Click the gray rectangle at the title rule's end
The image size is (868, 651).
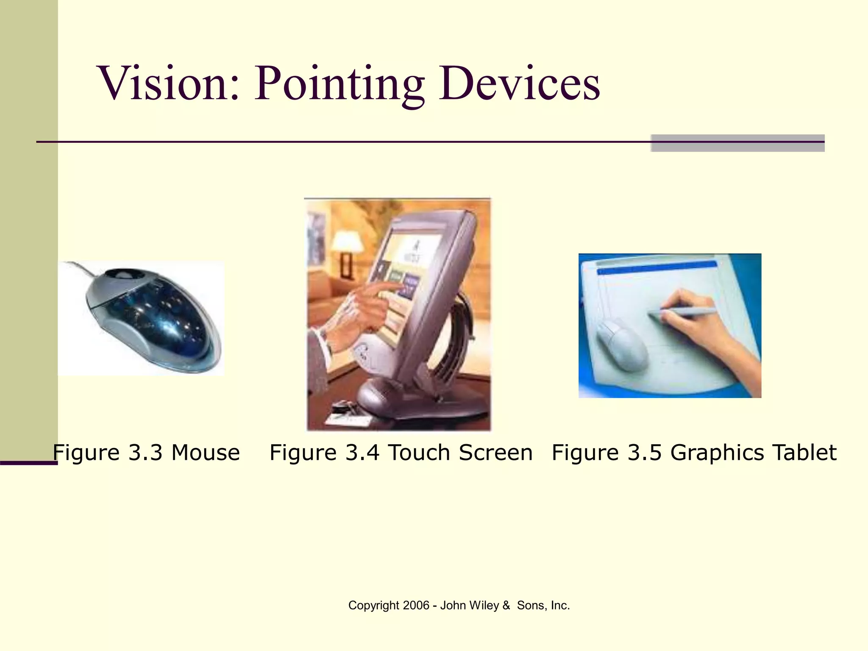coord(737,143)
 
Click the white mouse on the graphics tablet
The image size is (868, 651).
coord(622,345)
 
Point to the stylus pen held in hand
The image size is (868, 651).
coord(682,313)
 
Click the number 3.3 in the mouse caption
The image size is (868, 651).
coord(145,452)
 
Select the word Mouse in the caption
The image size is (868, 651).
coord(206,452)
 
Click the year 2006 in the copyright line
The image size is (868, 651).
coord(416,605)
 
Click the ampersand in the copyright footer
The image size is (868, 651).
coord(506,605)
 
